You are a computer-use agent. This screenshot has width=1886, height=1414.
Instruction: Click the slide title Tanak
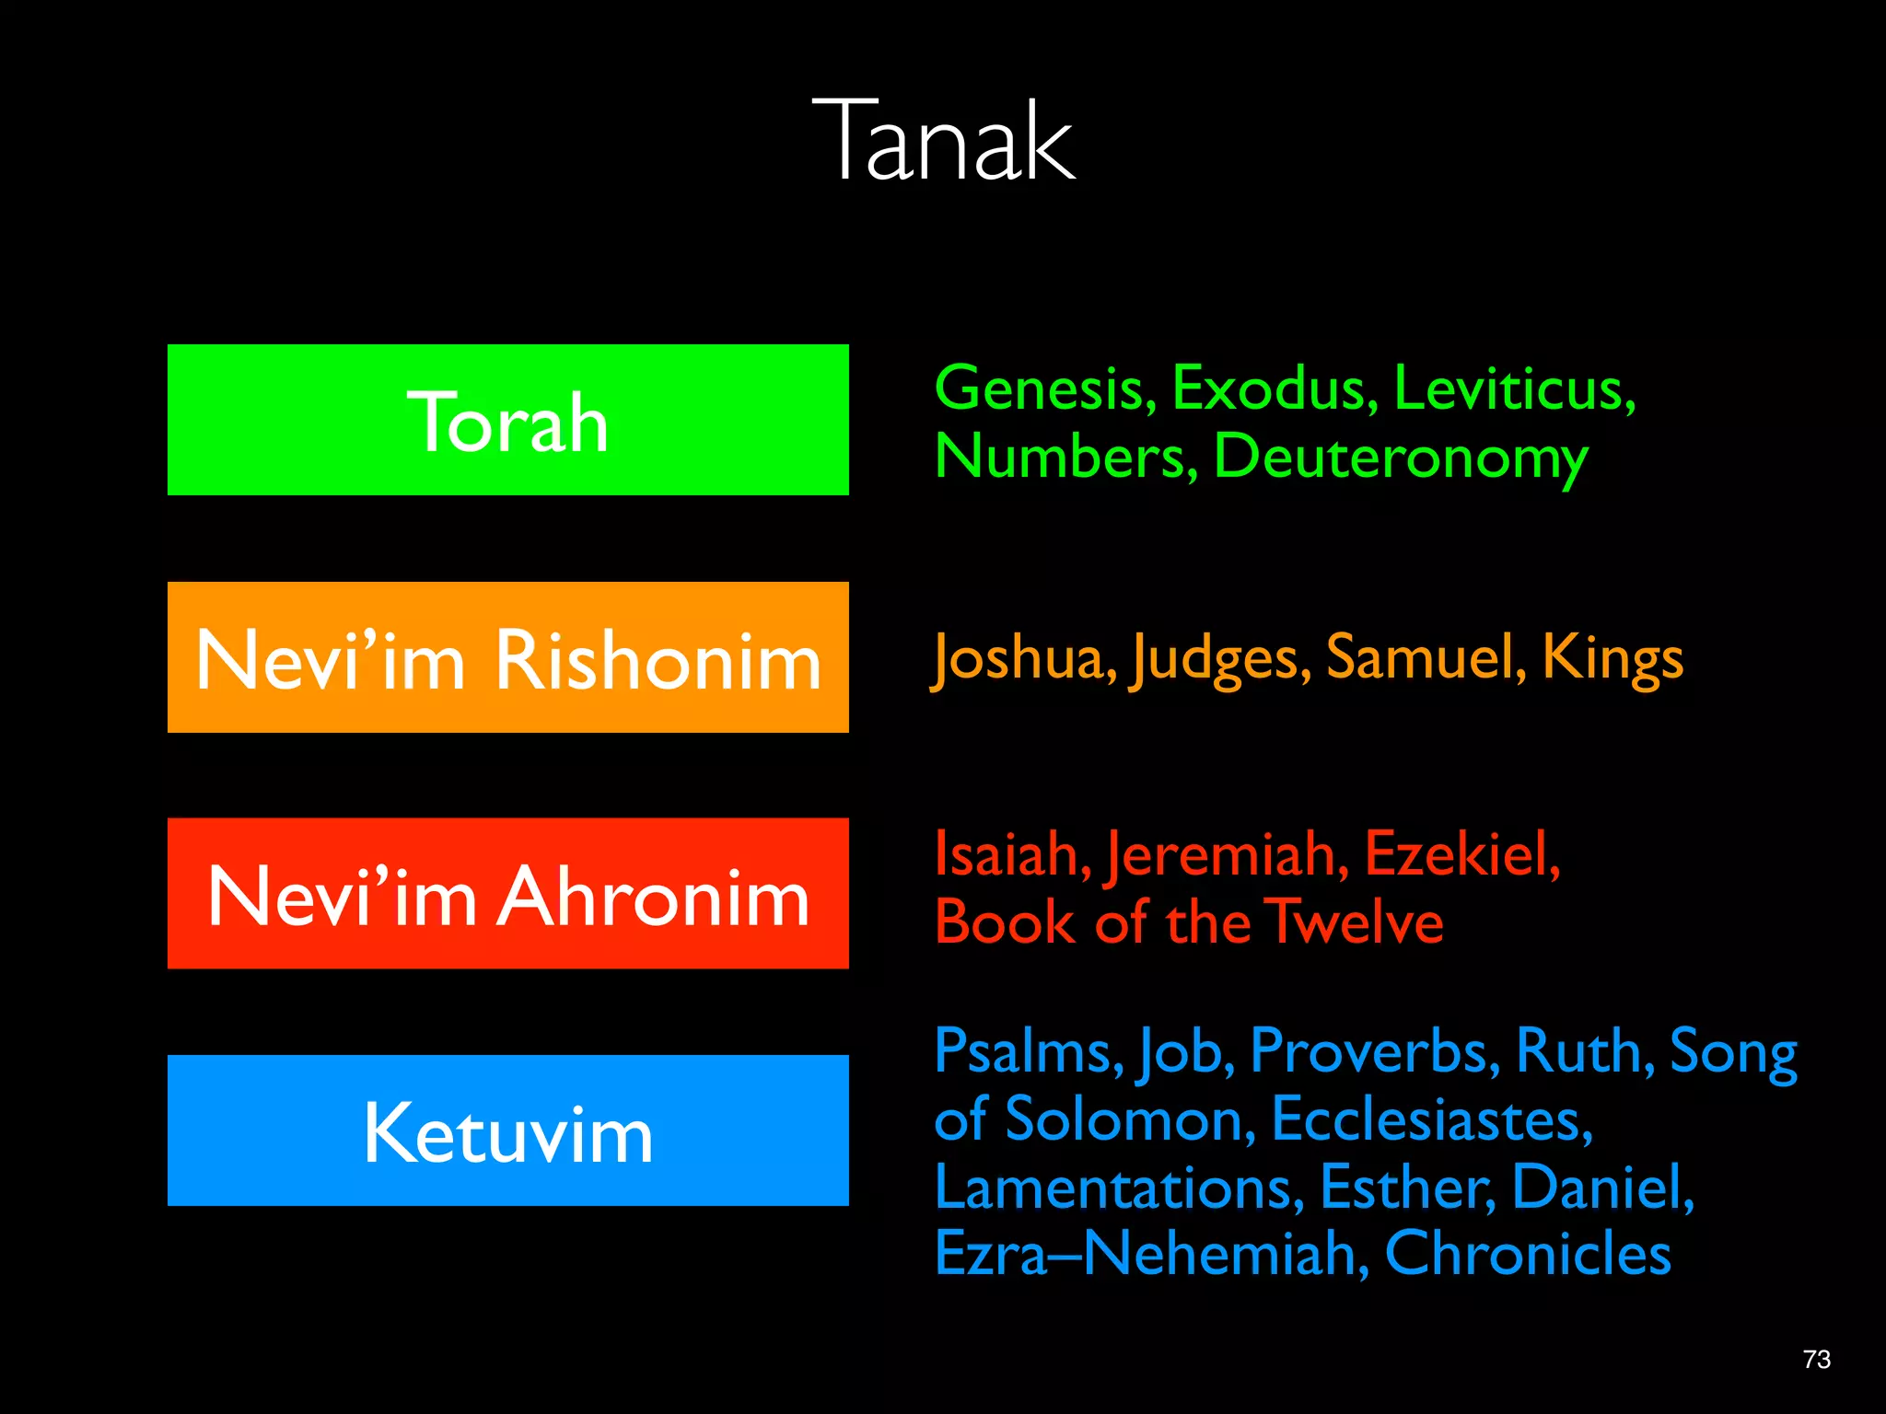943,140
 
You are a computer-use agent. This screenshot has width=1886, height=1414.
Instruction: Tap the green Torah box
507,420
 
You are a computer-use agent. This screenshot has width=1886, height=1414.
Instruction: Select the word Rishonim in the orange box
658,660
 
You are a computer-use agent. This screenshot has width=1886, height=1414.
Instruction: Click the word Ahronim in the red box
653,897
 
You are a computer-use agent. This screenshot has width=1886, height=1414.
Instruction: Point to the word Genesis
1044,388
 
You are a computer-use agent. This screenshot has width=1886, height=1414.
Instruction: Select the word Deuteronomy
1400,458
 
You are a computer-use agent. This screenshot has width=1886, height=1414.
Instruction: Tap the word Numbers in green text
1065,457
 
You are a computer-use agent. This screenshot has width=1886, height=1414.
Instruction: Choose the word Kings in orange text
1612,658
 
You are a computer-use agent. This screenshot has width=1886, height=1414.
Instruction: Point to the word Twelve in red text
1354,922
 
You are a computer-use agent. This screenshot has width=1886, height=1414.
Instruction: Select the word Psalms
1028,1051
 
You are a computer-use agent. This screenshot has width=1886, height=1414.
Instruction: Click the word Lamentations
1118,1188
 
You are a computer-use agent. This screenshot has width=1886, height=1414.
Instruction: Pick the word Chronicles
1527,1254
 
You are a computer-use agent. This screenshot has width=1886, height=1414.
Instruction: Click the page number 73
1816,1360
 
